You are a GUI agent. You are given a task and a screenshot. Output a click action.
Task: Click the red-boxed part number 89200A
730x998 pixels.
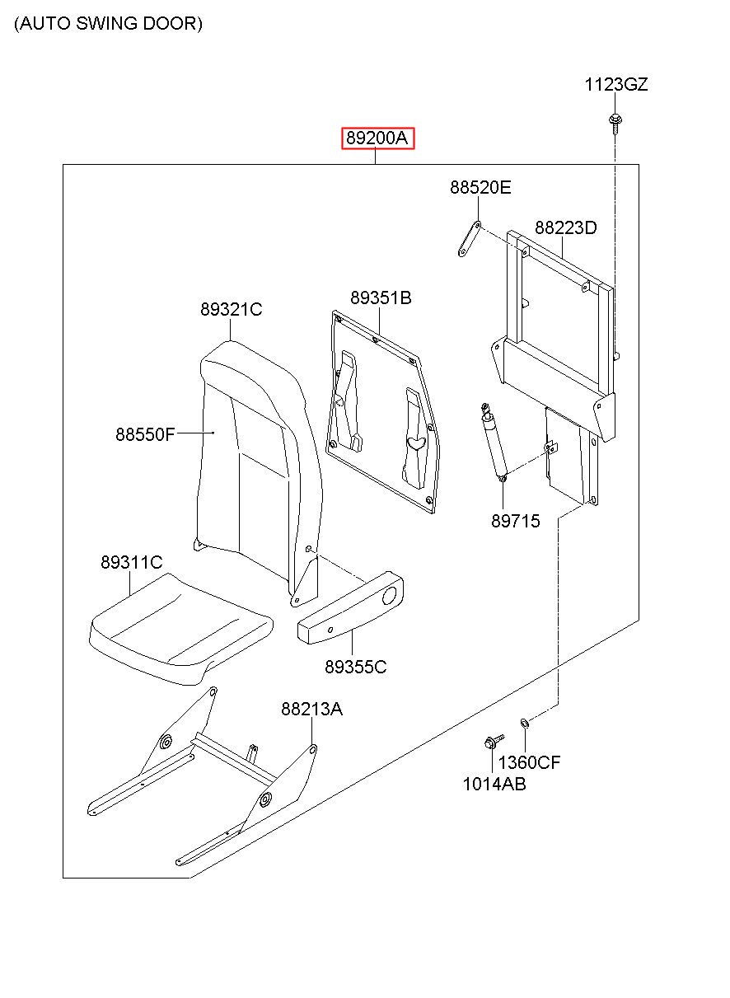click(377, 138)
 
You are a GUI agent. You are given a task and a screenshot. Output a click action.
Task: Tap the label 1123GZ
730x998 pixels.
click(615, 84)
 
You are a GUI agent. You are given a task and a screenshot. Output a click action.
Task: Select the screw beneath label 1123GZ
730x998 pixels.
click(615, 124)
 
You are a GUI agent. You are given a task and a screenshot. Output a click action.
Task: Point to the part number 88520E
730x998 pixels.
click(480, 187)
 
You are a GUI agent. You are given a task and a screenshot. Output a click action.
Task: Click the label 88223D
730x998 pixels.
click(565, 227)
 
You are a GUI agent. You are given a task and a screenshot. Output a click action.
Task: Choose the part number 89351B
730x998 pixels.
click(381, 298)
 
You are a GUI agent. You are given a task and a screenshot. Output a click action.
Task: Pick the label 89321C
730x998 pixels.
click(231, 309)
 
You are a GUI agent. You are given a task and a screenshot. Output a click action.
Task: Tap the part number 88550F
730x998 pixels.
click(145, 434)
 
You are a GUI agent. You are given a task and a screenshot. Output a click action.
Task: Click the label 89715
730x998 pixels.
click(515, 521)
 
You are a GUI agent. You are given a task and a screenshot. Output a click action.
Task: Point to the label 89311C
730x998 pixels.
click(131, 562)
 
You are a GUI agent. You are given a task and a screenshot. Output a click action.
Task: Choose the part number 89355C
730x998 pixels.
click(355, 667)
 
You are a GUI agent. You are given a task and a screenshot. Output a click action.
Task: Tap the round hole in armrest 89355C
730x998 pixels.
click(389, 596)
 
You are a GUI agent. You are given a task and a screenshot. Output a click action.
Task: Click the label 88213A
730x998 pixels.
click(311, 709)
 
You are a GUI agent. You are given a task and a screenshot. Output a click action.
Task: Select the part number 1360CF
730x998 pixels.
click(529, 762)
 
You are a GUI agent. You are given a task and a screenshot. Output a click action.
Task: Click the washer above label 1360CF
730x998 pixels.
click(525, 723)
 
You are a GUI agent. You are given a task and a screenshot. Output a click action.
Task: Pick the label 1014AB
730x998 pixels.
click(494, 785)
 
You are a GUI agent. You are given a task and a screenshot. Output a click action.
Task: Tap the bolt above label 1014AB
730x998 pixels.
click(493, 741)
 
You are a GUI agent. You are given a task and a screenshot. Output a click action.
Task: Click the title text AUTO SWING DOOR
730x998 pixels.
click(108, 23)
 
